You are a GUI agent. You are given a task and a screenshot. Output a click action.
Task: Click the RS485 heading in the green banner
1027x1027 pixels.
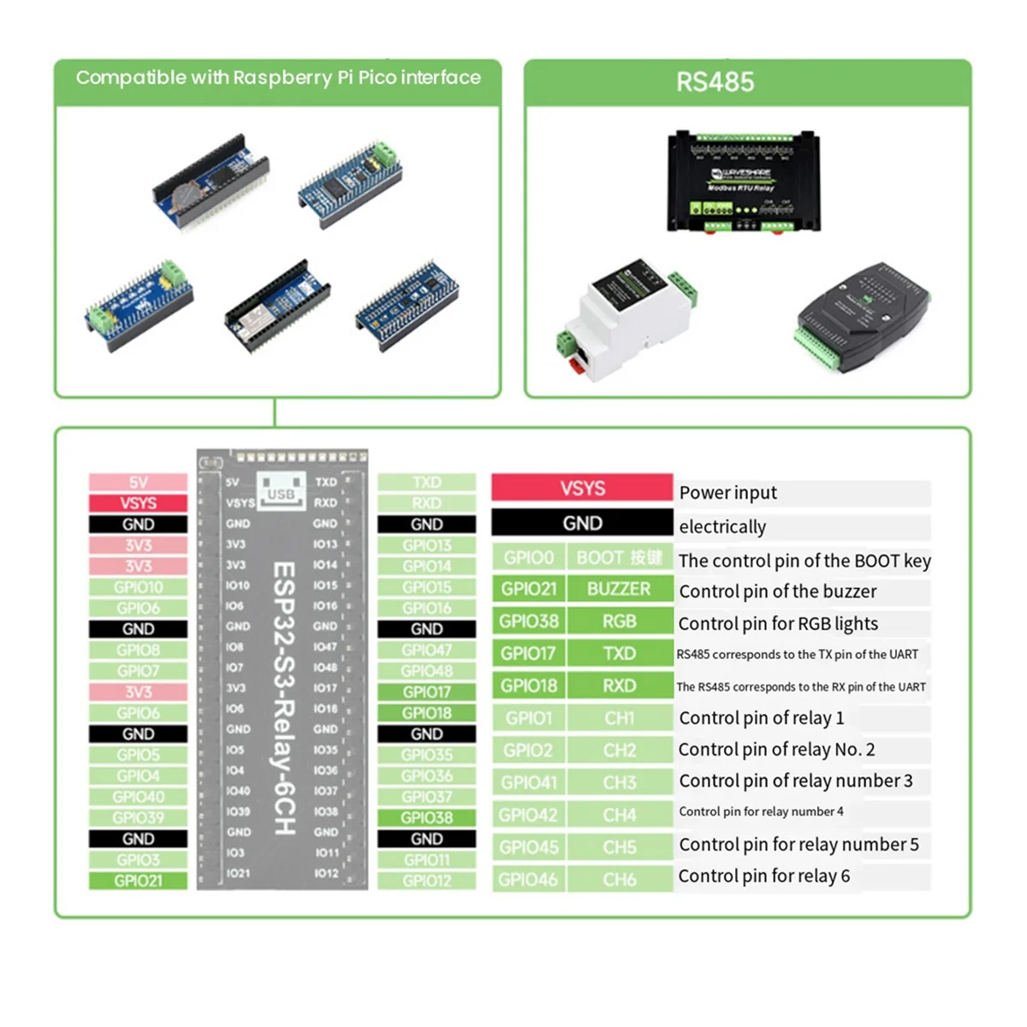click(715, 82)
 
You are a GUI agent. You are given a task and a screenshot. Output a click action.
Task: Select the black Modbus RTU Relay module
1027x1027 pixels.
click(743, 182)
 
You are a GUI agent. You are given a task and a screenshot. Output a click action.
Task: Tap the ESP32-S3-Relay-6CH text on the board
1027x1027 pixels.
click(283, 698)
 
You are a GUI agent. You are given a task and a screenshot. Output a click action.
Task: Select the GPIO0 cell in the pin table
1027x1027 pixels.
click(528, 558)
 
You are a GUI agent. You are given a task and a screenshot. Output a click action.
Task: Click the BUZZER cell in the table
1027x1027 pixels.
click(619, 589)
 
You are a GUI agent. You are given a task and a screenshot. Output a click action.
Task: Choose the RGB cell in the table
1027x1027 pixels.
click(619, 621)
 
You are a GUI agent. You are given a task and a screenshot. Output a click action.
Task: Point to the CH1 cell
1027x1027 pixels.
click(619, 718)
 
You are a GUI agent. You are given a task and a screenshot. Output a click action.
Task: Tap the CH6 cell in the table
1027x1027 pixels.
click(619, 879)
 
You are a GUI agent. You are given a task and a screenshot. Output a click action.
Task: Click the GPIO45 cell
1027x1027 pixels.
click(528, 847)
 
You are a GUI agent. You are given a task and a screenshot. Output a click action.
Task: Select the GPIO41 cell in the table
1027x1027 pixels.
click(528, 782)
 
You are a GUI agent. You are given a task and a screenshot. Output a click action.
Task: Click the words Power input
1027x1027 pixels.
click(727, 493)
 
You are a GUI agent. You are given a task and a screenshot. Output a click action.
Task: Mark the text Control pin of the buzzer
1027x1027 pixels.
click(777, 591)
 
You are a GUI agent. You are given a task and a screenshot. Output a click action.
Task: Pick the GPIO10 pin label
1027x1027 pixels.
click(138, 587)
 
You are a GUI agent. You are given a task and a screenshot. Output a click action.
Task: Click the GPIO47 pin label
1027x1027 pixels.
click(426, 650)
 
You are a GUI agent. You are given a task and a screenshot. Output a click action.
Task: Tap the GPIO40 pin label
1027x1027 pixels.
click(138, 797)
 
